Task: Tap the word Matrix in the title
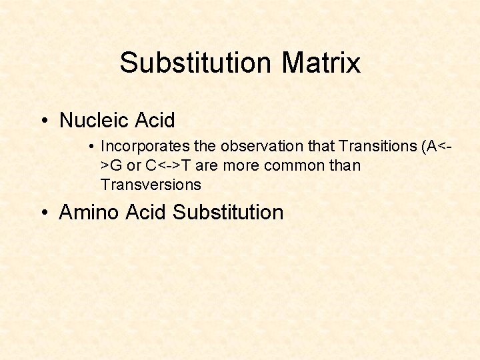point(321,63)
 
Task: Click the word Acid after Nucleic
point(155,121)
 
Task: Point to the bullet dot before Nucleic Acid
point(43,121)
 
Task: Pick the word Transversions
point(151,184)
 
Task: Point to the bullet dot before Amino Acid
point(43,213)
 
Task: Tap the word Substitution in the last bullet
point(228,213)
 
